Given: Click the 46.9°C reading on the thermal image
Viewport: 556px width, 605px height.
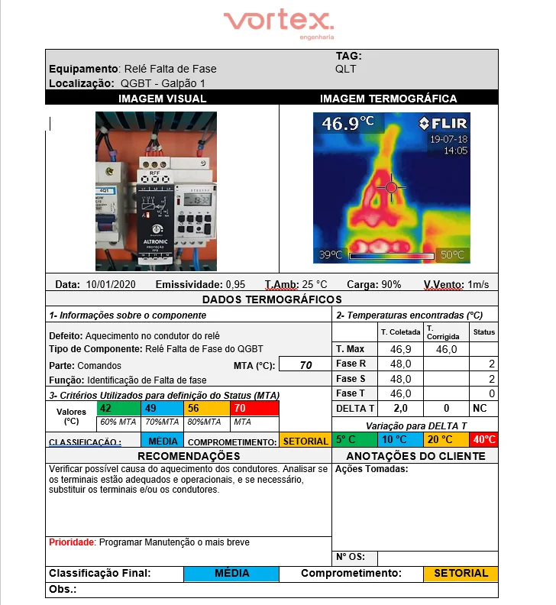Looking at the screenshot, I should (347, 123).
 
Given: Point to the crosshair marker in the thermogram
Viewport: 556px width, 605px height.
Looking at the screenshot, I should (391, 186).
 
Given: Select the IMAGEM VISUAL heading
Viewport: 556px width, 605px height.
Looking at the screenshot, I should (162, 99).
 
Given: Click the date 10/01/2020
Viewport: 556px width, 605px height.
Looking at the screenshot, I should (111, 284).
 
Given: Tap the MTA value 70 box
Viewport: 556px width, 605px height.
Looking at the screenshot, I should (305, 365).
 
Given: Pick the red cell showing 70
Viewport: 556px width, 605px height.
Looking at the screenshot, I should (256, 409).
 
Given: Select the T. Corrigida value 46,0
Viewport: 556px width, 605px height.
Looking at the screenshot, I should (446, 349).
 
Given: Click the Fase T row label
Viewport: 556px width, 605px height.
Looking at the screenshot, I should (351, 393).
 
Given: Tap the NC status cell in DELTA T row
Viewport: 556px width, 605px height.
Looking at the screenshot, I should (480, 409).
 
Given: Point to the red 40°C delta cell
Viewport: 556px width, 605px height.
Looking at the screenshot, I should (483, 440).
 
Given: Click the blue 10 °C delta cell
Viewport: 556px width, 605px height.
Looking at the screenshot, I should (399, 440).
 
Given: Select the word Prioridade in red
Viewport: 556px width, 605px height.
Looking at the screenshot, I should (71, 542).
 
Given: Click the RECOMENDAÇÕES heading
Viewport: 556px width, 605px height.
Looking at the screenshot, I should (189, 456).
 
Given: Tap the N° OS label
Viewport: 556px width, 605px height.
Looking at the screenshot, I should (350, 557).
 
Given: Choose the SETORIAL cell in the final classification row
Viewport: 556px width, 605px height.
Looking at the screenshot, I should (461, 573).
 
